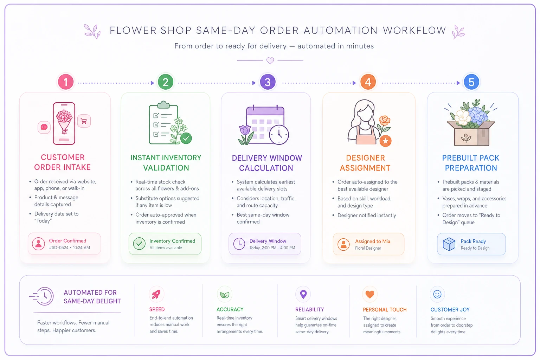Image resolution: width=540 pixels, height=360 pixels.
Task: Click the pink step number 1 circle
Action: (66, 82)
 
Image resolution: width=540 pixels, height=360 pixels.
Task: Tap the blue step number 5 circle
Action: (471, 82)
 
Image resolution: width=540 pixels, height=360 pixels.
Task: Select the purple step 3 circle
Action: (268, 82)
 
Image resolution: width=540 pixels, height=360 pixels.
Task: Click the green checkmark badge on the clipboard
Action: (186, 139)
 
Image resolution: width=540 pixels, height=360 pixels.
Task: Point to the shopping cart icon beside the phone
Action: (84, 121)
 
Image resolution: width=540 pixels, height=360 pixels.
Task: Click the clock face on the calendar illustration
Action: (279, 135)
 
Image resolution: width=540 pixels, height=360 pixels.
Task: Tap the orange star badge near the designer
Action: (385, 141)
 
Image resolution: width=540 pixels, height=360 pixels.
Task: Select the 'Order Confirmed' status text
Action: (67, 240)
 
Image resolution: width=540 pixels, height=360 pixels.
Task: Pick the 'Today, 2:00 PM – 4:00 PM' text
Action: (272, 248)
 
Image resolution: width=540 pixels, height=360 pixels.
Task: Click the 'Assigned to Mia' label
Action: (372, 242)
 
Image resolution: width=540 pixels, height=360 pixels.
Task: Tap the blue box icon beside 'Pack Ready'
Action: (449, 244)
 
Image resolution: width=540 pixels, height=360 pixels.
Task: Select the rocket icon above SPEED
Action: (156, 294)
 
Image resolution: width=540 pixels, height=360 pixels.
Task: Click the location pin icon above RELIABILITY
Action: (303, 294)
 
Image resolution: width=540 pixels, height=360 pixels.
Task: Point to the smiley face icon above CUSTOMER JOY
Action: (437, 294)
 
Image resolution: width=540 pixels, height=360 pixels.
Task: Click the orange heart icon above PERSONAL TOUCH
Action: (369, 294)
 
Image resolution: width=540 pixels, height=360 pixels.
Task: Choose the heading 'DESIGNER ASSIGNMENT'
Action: (365, 163)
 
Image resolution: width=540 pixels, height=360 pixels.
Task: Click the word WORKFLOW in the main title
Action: (414, 31)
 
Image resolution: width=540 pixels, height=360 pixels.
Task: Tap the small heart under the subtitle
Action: (270, 60)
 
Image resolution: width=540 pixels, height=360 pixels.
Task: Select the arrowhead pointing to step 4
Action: (354, 83)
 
